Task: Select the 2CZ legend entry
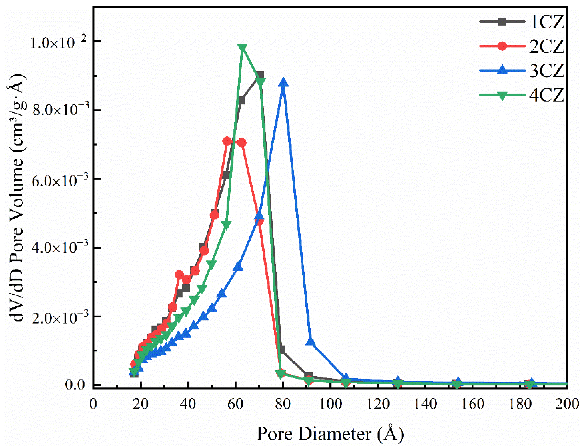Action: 522,46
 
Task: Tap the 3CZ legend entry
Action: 522,71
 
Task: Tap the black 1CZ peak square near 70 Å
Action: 259,75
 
